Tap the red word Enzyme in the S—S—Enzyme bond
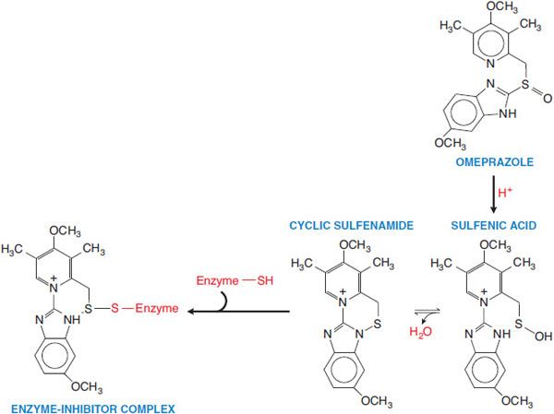tap(157, 311)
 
